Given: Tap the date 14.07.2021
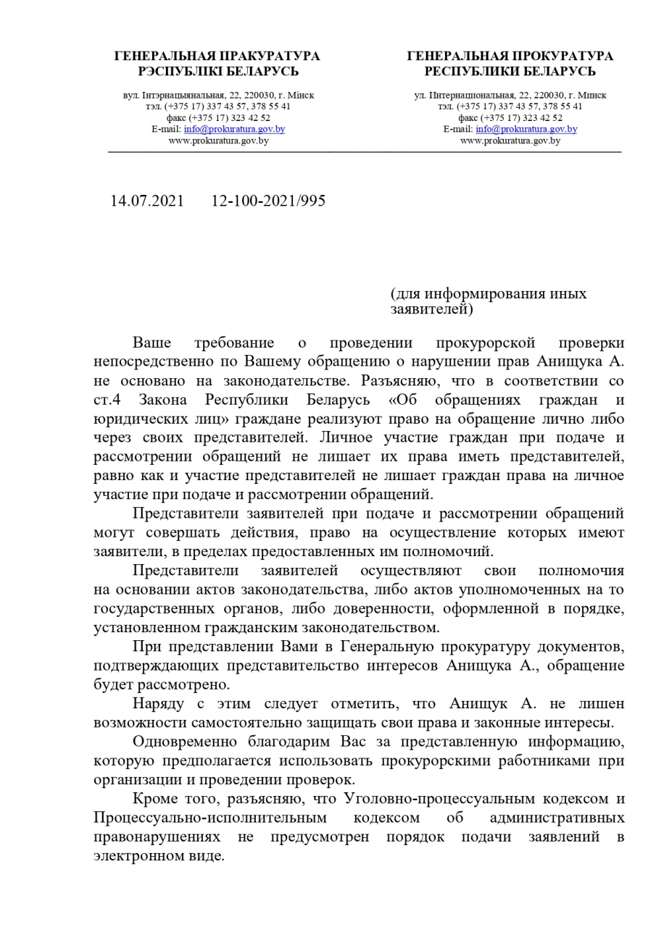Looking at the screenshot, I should [x=147, y=201].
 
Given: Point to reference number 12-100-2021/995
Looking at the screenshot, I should [x=268, y=201].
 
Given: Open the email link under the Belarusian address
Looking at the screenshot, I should [x=234, y=129].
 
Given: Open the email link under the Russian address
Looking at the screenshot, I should [x=526, y=129].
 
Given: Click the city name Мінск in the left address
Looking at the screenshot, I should [x=300, y=95].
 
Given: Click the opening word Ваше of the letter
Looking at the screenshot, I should [x=151, y=343].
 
